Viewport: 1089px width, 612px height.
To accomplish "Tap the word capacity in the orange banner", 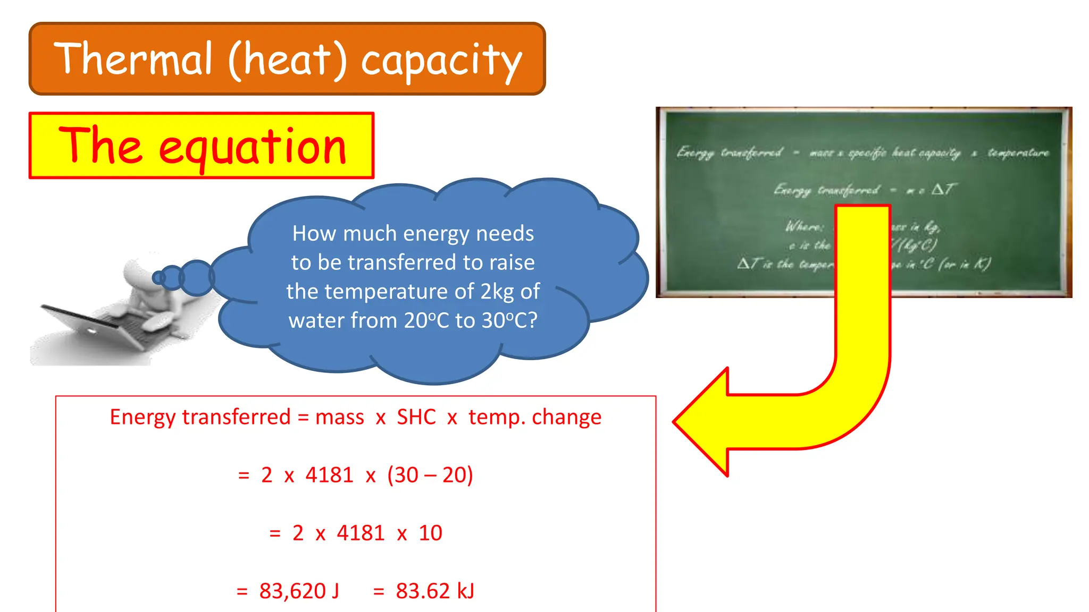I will tap(441, 61).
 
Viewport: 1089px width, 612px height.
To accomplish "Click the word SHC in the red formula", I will tap(416, 417).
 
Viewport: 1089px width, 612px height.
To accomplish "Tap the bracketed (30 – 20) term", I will tap(430, 475).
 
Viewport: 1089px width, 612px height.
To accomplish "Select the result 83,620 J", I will tap(299, 591).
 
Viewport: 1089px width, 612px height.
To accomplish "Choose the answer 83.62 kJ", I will tap(435, 591).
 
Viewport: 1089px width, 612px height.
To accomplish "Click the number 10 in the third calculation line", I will tap(430, 533).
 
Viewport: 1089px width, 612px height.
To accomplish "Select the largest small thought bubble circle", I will tap(197, 277).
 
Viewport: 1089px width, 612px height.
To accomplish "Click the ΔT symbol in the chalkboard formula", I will tap(943, 189).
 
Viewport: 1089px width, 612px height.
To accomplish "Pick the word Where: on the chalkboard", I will tap(805, 227).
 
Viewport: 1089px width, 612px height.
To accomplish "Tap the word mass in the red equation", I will tap(339, 417).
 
